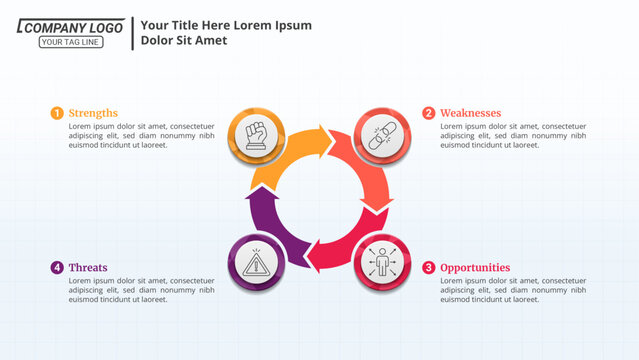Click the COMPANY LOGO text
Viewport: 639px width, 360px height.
(x=71, y=28)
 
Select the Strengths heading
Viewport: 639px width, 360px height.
(x=93, y=113)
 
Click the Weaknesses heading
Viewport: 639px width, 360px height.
(x=470, y=113)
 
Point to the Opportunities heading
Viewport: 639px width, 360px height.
(x=475, y=267)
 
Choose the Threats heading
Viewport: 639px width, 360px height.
(x=88, y=267)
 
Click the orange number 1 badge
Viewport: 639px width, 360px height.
(x=57, y=113)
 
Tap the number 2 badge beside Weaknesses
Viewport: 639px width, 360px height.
(x=429, y=113)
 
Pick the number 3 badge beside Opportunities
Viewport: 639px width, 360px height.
(x=429, y=267)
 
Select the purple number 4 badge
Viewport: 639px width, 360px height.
(x=57, y=267)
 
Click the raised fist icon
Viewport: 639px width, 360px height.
(x=257, y=133)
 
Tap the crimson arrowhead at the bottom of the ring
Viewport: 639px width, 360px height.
(x=314, y=256)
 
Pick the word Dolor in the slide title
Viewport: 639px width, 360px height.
(x=159, y=41)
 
